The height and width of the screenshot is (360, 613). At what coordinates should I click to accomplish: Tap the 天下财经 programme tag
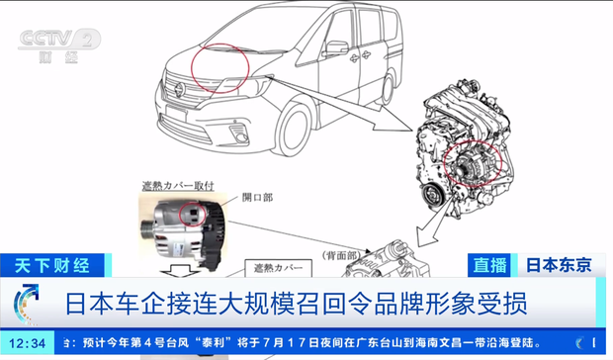tap(51, 265)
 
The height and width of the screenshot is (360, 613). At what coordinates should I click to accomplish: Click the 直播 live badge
tap(492, 265)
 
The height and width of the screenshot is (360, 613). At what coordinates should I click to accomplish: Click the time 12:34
tap(29, 343)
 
